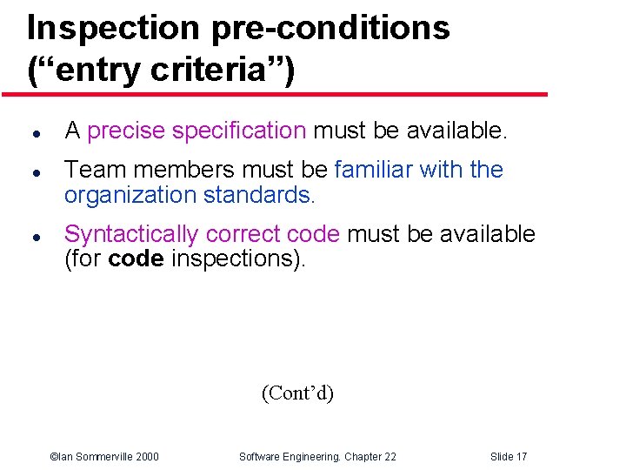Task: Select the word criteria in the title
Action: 205,70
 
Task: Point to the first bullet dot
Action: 31,133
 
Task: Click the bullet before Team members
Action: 31,172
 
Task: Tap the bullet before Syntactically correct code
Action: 31,237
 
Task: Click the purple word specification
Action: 239,131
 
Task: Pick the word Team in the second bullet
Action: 92,169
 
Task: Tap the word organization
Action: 130,195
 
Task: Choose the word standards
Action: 256,195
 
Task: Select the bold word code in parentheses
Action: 136,259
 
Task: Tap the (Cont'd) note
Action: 297,393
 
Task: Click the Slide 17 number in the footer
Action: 509,457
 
